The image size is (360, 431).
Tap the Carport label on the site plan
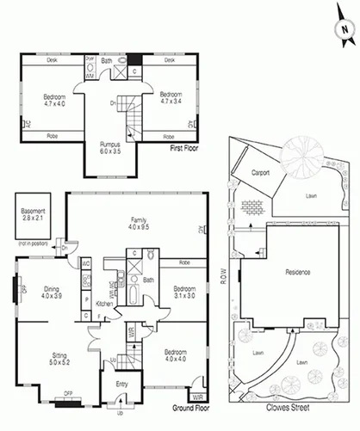click(261, 172)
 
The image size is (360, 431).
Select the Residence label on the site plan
click(296, 273)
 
